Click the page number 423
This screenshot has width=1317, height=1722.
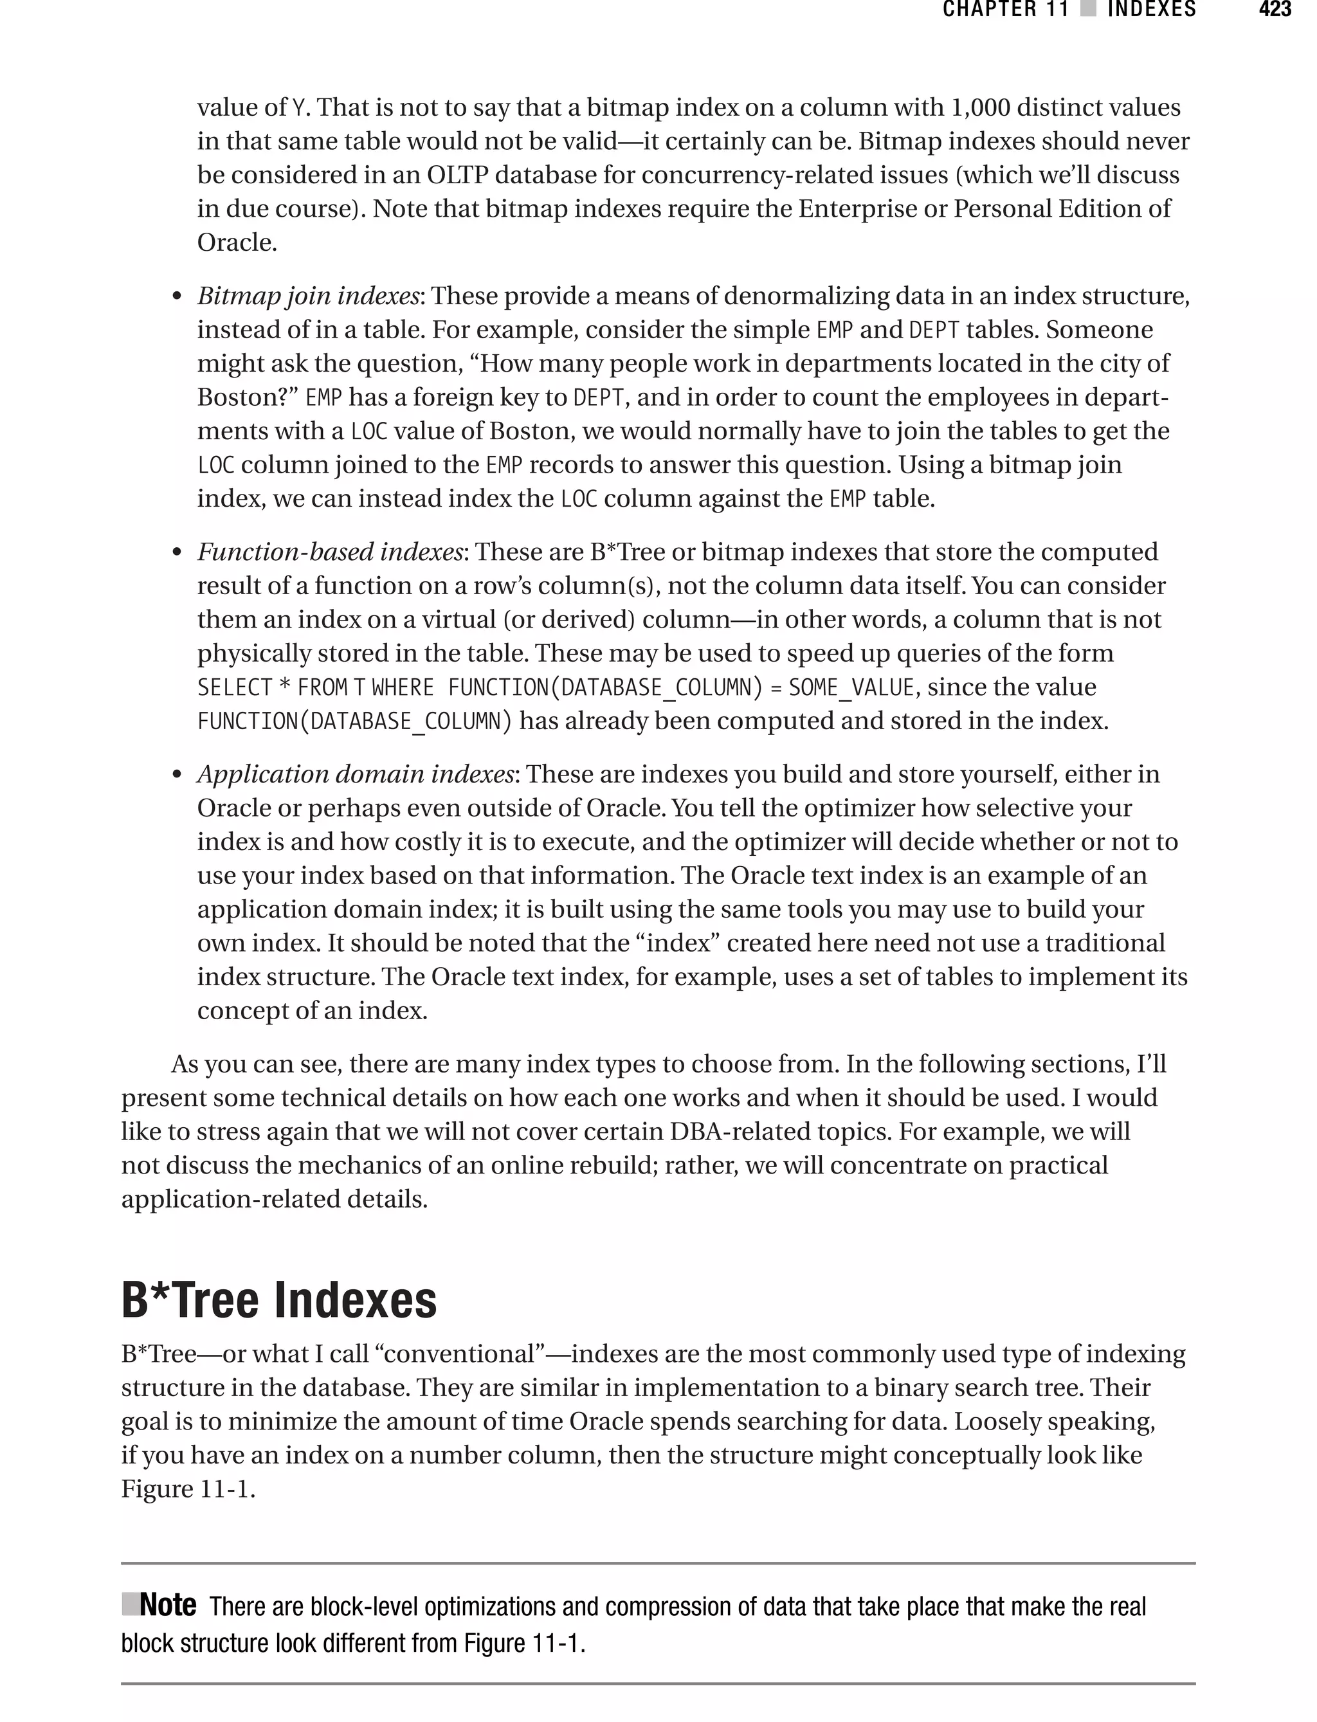(x=1274, y=10)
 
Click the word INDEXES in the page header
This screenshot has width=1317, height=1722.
(x=1152, y=10)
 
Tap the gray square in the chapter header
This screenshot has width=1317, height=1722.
(x=1088, y=10)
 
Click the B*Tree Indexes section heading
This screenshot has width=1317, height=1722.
(x=278, y=1300)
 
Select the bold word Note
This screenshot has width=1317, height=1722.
(x=167, y=1604)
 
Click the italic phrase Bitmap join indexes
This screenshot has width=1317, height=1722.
(x=308, y=296)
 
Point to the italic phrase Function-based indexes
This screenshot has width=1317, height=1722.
(x=330, y=552)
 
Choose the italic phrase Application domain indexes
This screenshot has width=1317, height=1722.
(x=355, y=774)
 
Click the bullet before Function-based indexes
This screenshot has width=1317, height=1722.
(x=177, y=554)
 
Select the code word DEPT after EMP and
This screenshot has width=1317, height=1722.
(x=934, y=330)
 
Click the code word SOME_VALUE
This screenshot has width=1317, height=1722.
(x=851, y=687)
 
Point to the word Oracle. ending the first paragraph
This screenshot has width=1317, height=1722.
(x=237, y=242)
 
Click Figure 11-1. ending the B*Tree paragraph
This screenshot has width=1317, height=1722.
(x=188, y=1489)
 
